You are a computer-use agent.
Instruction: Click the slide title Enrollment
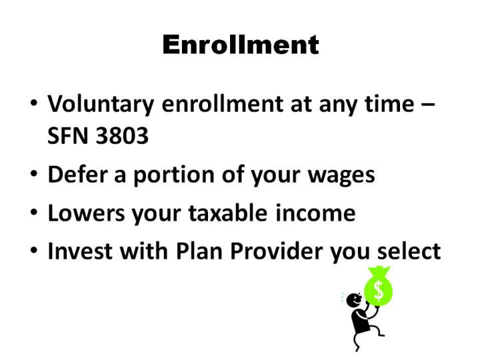[241, 45]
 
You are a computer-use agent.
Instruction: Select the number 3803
[122, 135]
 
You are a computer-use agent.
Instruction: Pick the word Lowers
[86, 213]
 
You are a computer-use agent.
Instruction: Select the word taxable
[228, 213]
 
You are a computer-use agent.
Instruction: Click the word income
[315, 213]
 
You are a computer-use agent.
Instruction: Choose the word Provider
[276, 251]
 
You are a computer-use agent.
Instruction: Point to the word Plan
[199, 251]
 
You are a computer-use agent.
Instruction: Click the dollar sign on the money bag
[379, 291]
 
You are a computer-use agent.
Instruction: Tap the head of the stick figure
[354, 300]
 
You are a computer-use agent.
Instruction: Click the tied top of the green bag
[379, 271]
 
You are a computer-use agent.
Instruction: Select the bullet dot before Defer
[34, 173]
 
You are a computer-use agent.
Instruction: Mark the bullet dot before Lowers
[34, 212]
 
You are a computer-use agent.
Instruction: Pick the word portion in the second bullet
[174, 176]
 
